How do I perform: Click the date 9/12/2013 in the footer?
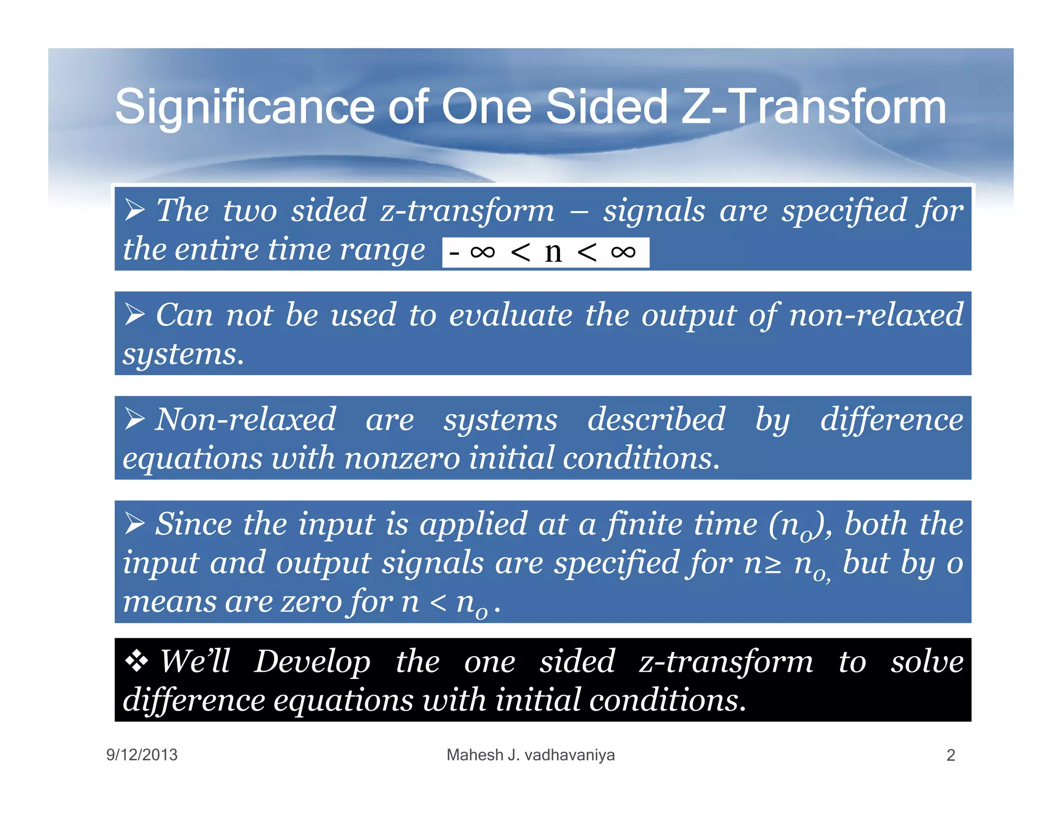point(142,755)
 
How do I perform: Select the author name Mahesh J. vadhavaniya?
point(530,755)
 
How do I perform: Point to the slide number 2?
point(950,755)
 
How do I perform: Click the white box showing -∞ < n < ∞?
point(545,252)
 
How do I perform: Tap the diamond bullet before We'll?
point(136,661)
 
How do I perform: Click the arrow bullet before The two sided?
point(134,210)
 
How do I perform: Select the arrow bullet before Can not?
point(134,314)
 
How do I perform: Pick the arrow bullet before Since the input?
point(134,523)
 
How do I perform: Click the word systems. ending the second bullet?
point(183,355)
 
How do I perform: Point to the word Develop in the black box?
point(312,662)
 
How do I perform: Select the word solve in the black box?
point(927,662)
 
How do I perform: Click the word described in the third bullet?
point(656,419)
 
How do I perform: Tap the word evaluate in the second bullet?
point(510,315)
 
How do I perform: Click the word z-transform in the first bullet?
point(467,210)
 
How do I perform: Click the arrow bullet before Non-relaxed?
point(134,419)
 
